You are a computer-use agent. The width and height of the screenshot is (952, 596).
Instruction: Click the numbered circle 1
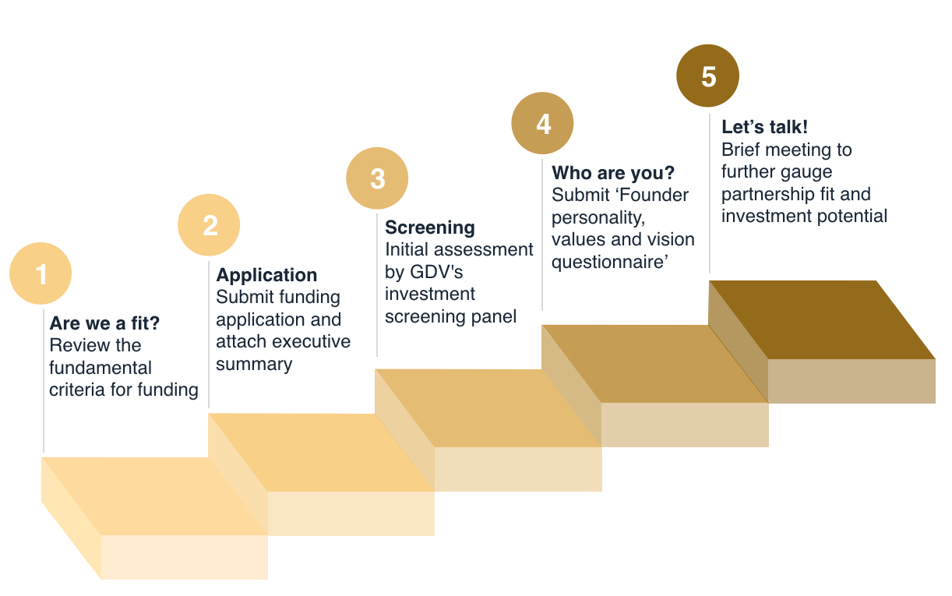(x=41, y=273)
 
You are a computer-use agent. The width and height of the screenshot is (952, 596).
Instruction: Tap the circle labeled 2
(x=209, y=225)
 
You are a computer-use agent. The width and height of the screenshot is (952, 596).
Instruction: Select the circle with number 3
(x=377, y=178)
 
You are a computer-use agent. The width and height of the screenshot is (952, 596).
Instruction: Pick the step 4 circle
(x=542, y=123)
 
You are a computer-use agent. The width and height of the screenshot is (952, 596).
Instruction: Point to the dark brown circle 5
(x=707, y=76)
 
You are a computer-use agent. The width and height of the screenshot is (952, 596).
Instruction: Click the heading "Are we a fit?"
(x=104, y=323)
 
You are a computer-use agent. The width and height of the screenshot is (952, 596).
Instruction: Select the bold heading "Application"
(x=266, y=275)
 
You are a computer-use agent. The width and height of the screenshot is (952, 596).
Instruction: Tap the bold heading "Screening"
(x=430, y=227)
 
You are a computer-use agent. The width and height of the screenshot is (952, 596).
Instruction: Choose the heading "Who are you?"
(x=613, y=173)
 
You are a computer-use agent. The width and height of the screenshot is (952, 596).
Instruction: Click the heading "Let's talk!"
(x=764, y=127)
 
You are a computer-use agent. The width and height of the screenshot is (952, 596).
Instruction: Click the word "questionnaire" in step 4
(x=607, y=262)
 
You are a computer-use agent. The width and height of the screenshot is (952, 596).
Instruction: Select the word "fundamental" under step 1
(x=100, y=368)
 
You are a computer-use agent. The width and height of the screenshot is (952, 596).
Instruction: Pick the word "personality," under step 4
(x=598, y=217)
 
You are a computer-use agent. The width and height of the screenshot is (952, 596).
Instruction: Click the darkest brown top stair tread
(x=823, y=319)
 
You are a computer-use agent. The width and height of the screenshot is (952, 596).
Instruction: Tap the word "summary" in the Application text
(x=254, y=365)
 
